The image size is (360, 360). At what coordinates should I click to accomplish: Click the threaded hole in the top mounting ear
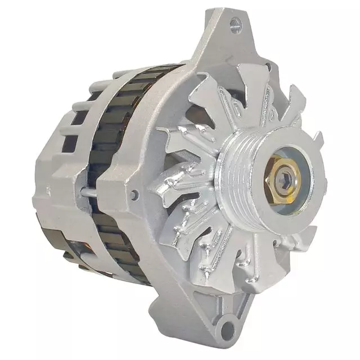pos(235,24)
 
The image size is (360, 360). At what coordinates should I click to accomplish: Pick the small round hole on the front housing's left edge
pos(134,194)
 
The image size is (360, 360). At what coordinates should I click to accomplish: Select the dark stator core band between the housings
pos(115,141)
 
